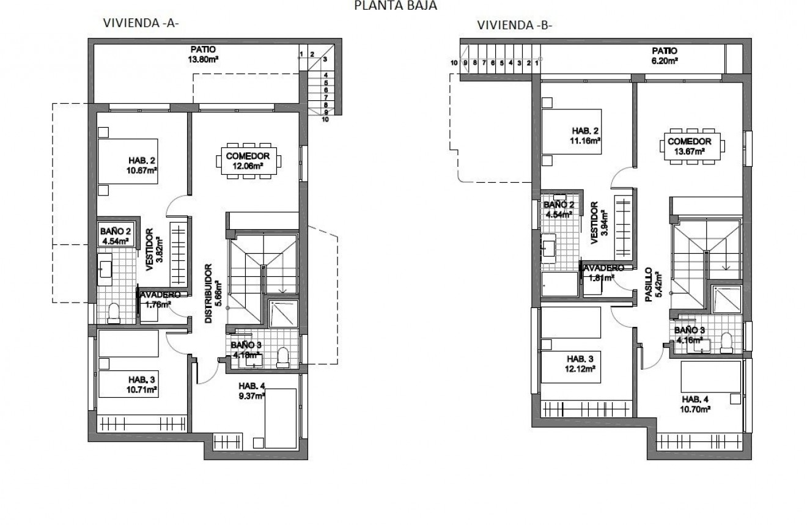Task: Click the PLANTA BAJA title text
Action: tap(396, 6)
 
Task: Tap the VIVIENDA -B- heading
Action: tap(515, 25)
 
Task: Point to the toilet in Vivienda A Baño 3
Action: tap(282, 357)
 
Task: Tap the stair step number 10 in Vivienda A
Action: tap(325, 120)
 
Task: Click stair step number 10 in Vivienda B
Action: tap(454, 62)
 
